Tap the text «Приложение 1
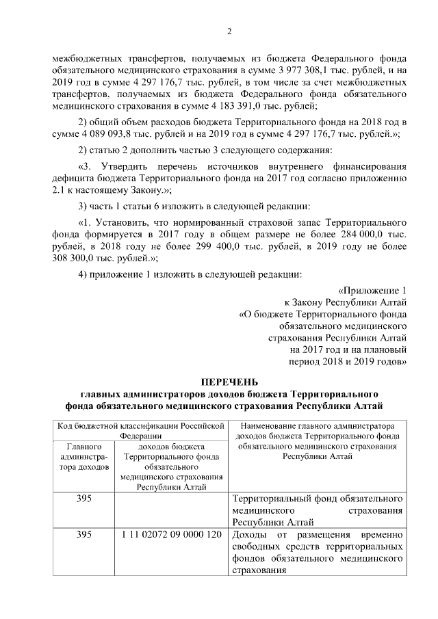click(373, 290)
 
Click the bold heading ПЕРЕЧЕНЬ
click(229, 382)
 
